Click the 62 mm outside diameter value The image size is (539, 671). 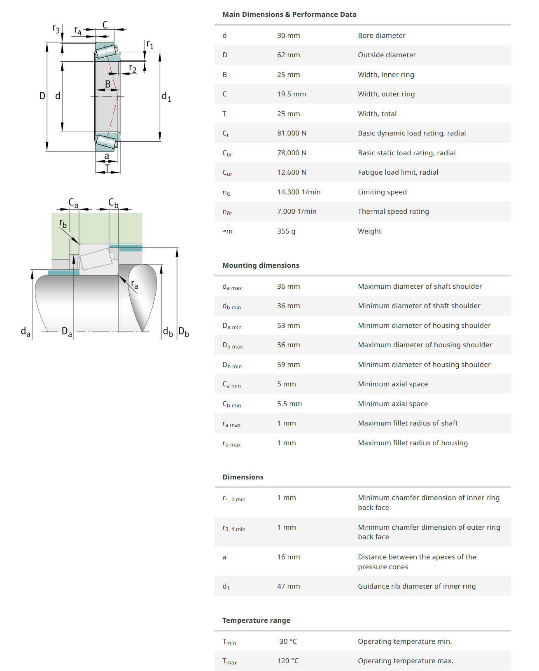click(x=288, y=55)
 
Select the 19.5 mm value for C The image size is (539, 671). click(x=291, y=94)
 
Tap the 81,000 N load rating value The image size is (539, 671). click(x=292, y=133)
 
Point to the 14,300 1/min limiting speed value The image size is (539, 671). click(x=299, y=192)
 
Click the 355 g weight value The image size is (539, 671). click(x=286, y=231)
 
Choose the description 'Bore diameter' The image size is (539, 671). click(x=381, y=35)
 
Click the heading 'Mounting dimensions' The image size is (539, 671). click(x=261, y=265)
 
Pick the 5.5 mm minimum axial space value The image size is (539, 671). click(x=289, y=404)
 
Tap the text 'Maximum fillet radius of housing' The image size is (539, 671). click(x=413, y=443)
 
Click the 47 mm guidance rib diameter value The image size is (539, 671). click(x=288, y=586)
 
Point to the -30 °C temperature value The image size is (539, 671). click(x=287, y=641)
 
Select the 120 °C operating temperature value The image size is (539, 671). click(x=288, y=661)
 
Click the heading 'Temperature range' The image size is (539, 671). click(x=256, y=620)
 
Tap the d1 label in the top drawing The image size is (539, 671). click(x=166, y=97)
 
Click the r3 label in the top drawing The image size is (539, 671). click(x=56, y=28)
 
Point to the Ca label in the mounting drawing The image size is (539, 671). click(x=73, y=203)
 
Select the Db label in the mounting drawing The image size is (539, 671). click(x=184, y=332)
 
